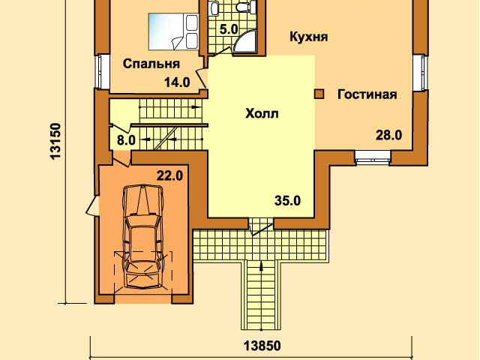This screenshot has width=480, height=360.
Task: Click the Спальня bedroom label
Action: click(x=151, y=64)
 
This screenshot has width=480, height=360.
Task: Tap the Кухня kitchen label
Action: click(x=308, y=37)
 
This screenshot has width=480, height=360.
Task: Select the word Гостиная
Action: click(x=367, y=94)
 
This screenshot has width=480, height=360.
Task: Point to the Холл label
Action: click(x=262, y=114)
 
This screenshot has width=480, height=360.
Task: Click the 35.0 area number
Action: click(x=287, y=201)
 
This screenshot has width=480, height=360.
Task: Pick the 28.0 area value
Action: click(x=388, y=135)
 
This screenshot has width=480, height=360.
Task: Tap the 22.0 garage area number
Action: click(x=170, y=176)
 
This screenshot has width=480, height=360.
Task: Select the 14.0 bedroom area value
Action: click(x=177, y=82)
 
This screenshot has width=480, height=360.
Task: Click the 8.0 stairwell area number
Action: click(x=126, y=140)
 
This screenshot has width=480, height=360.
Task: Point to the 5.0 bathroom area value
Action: click(x=229, y=30)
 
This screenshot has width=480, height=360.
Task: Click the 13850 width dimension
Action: click(x=262, y=346)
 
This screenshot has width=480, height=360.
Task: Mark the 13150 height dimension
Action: click(x=56, y=141)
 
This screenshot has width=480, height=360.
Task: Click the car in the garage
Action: click(x=142, y=236)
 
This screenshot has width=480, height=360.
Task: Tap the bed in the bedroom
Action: click(x=173, y=31)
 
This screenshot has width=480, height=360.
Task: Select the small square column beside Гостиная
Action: click(x=319, y=94)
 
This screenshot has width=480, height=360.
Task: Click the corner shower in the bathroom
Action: click(x=246, y=42)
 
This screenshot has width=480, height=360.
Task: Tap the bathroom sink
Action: click(x=214, y=7)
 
